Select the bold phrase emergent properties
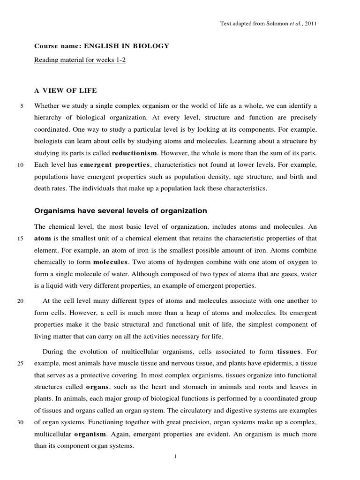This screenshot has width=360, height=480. click(x=115, y=165)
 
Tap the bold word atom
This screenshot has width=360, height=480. click(x=42, y=239)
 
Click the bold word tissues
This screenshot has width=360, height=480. click(x=290, y=351)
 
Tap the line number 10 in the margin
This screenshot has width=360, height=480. click(x=21, y=165)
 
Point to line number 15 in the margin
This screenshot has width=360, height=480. click(x=21, y=239)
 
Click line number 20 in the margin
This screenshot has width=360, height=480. click(x=21, y=300)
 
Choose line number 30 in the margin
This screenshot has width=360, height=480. click(x=21, y=422)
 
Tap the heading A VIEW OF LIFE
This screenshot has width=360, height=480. click(x=66, y=90)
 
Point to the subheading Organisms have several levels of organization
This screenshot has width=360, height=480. click(x=120, y=211)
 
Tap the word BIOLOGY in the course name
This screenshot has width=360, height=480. click(x=150, y=46)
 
